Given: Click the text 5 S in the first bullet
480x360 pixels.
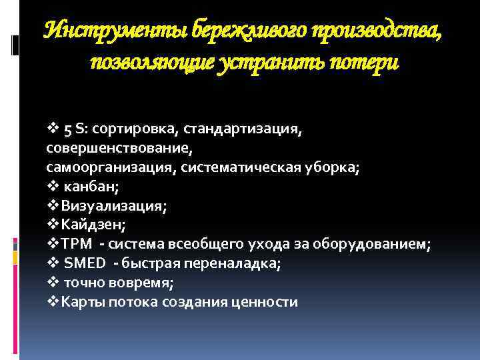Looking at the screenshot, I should (73, 129).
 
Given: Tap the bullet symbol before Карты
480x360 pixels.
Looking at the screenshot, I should (54, 302).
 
